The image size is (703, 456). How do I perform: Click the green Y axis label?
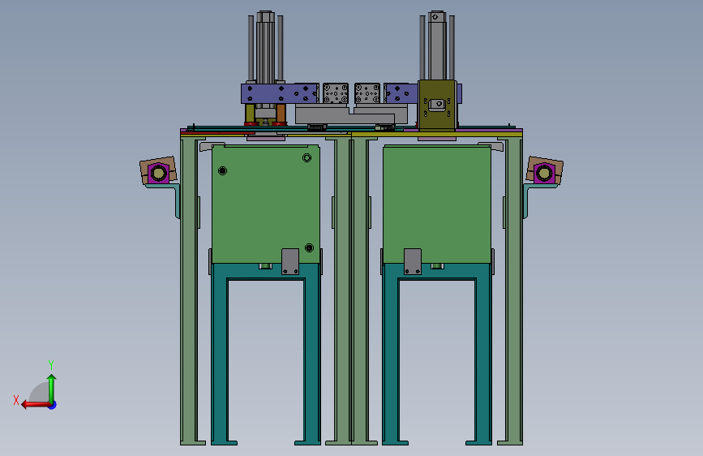pos(51,364)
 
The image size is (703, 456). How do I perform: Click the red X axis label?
pos(16,400)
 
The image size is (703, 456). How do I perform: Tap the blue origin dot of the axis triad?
pos(53,405)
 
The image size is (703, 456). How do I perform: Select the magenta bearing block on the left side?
pos(158,174)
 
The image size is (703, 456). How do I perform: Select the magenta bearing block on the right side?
pos(544,174)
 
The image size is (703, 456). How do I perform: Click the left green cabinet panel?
pos(265,204)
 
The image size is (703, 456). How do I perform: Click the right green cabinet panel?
pos(437,204)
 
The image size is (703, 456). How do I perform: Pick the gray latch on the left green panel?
pos(290,261)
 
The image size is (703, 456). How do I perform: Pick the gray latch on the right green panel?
pos(413,261)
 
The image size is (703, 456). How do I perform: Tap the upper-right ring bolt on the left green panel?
pos(306,157)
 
